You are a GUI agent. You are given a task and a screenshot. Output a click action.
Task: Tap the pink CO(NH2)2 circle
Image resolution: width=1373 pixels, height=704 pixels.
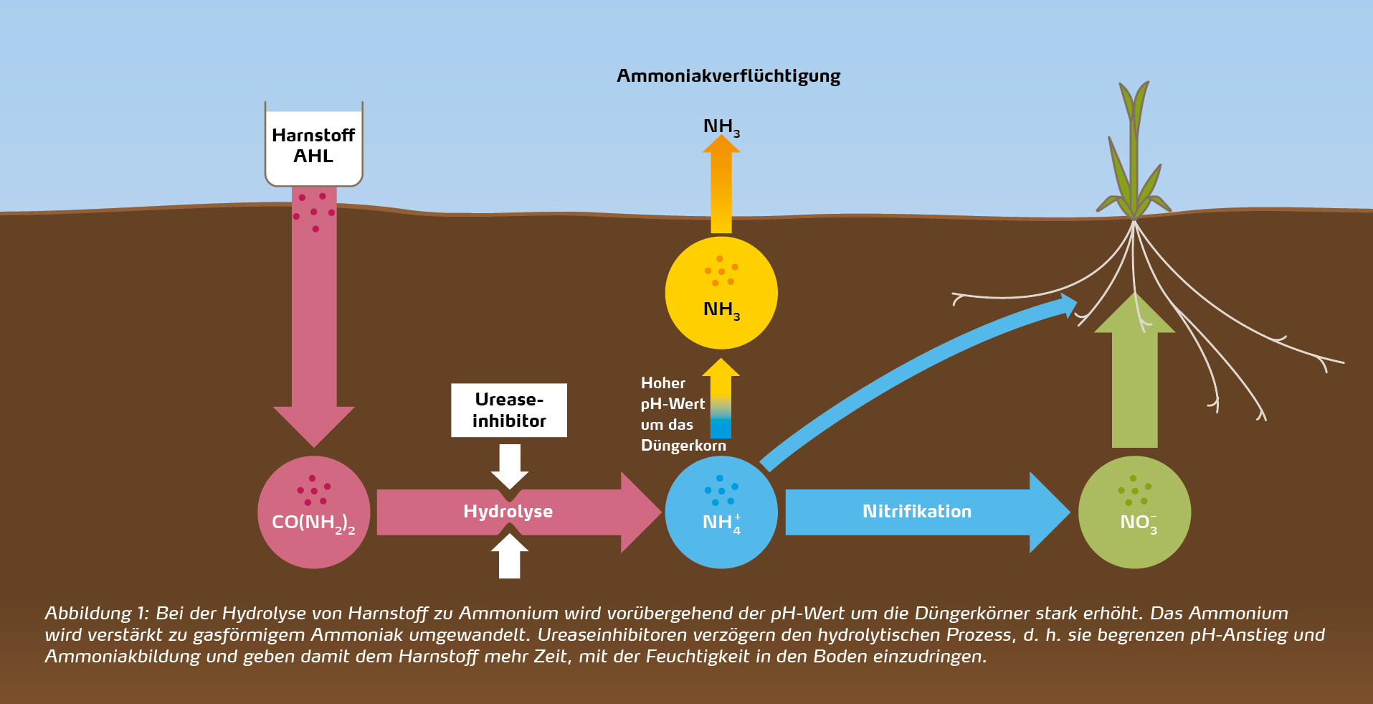click(x=313, y=512)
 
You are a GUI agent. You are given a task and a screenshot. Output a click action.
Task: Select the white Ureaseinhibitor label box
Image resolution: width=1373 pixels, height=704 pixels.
click(x=509, y=410)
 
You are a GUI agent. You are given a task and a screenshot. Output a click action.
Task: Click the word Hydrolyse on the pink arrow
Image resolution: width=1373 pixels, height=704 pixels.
click(x=508, y=512)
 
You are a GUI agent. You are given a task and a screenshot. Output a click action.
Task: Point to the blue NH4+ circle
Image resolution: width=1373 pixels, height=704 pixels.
click(x=721, y=512)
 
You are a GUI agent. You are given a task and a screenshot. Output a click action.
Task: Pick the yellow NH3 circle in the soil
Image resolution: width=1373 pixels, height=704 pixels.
click(x=721, y=293)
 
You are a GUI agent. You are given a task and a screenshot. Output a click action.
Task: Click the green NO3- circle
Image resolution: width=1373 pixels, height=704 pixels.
click(x=1134, y=512)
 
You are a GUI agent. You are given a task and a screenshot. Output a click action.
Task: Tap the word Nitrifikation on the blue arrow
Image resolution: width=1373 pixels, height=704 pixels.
click(x=916, y=512)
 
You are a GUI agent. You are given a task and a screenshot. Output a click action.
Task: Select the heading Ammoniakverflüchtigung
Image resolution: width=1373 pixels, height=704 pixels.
click(x=728, y=76)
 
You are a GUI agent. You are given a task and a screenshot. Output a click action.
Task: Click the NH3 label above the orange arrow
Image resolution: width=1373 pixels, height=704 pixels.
click(x=721, y=127)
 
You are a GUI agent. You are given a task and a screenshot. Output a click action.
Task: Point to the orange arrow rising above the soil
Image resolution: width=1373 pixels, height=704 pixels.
click(x=721, y=187)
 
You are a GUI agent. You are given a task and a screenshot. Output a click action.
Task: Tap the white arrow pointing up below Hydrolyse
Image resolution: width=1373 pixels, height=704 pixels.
click(x=510, y=557)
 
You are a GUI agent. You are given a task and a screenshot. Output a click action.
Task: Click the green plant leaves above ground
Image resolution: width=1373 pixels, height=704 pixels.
click(x=1133, y=158)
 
